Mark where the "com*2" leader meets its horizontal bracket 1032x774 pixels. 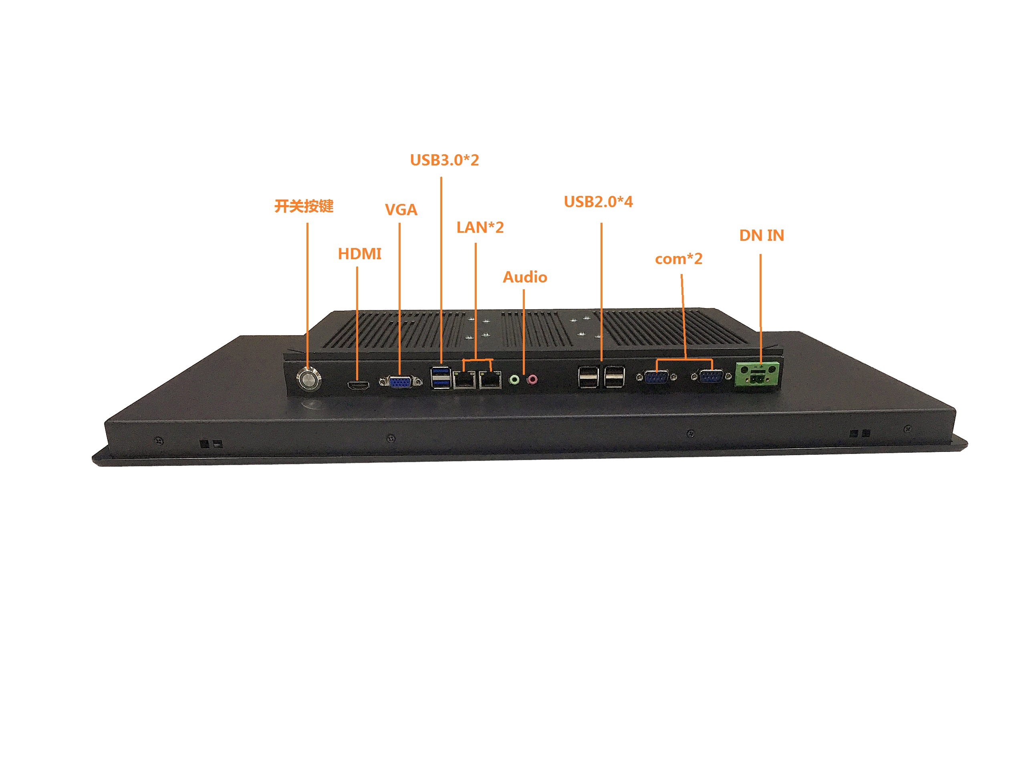coord(685,360)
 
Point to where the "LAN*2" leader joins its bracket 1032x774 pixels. coord(476,359)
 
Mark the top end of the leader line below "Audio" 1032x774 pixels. coord(524,290)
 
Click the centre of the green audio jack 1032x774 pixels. coord(514,380)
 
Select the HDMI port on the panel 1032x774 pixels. coord(358,386)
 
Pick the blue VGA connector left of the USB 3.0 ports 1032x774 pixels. coord(400,382)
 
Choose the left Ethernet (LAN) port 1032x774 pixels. coord(464,380)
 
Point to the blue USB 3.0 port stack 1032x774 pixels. coord(440,378)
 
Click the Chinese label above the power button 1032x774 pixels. coord(304,206)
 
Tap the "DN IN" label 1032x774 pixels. coord(762,236)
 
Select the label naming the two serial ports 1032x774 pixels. coord(678,259)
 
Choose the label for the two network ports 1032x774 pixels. coord(480,228)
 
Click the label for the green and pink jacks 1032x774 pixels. coord(525,277)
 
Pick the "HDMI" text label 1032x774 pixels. coord(360,254)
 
